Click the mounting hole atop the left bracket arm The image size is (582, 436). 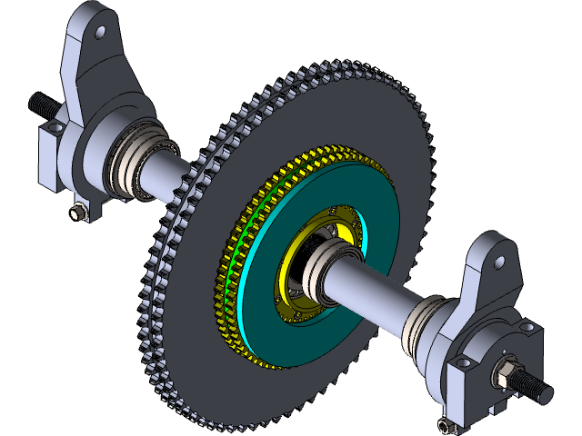point(100,32)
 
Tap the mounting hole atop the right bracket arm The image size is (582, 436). point(498,263)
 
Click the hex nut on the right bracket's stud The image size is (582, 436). point(503,372)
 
